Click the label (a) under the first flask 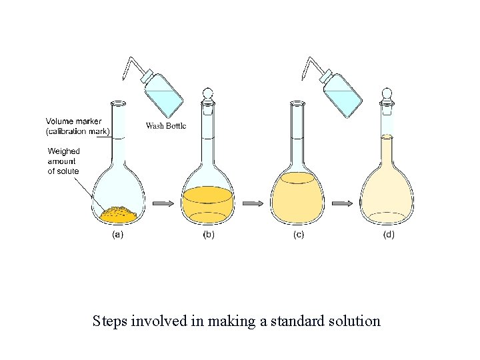point(117,235)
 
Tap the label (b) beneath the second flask point(209,235)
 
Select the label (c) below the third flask point(298,235)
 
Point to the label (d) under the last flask point(387,235)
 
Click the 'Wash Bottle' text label point(166,125)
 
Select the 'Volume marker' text point(73,121)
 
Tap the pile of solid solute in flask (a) point(118,213)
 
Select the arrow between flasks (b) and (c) point(251,202)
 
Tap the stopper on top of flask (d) point(386,95)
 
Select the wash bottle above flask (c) point(340,90)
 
